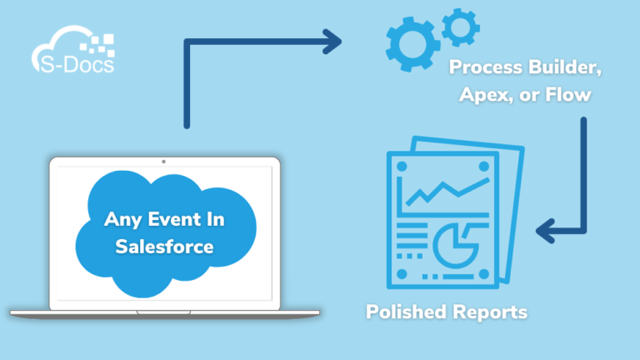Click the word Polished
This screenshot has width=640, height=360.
point(405,312)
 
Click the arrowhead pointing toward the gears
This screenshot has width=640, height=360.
point(333,39)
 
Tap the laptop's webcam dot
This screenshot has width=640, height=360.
point(163,161)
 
